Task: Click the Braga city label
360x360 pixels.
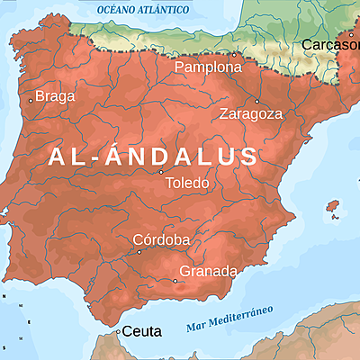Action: click(57, 96)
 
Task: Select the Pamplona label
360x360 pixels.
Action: click(208, 67)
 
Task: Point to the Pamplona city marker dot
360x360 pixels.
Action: click(235, 54)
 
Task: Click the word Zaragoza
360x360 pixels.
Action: click(251, 114)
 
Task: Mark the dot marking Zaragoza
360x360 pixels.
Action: click(256, 101)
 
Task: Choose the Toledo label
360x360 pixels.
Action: click(188, 183)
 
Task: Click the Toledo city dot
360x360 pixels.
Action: click(161, 172)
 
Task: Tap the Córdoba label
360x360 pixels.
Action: click(161, 239)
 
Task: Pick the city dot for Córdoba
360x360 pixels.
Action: click(139, 252)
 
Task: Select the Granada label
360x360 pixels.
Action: click(208, 271)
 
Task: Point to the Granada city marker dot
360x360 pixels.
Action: click(175, 281)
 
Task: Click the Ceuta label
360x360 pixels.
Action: click(141, 331)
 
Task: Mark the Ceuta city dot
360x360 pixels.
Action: click(118, 331)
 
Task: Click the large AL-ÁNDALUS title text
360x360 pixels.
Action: click(153, 157)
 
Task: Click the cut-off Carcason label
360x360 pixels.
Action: click(330, 44)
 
